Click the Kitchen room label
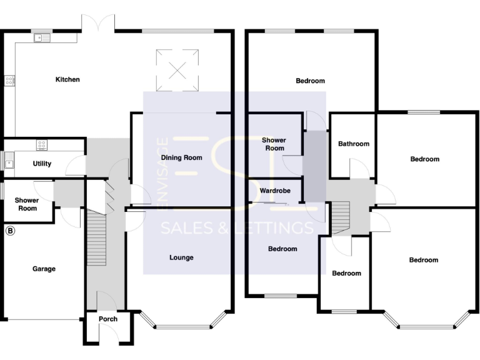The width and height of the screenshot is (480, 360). pos(67,79)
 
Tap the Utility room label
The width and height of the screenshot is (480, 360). pos(41,164)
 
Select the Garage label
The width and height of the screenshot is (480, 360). pos(44,269)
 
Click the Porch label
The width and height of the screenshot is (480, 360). pos(108,319)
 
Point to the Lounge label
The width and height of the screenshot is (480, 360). pos(181,257)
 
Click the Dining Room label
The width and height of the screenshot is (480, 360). pos(181,157)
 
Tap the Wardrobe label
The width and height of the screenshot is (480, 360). pos(275,191)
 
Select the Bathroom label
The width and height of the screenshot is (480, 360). pos(354,144)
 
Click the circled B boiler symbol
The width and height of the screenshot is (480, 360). pos(9,231)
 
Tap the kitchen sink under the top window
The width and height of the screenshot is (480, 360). pos(42,37)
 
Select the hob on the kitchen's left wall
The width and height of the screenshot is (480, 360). pos(9,80)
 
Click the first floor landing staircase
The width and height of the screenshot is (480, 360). pos(339,216)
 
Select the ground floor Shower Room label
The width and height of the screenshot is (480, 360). pos(27,204)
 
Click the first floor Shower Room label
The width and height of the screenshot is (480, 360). pos(274,144)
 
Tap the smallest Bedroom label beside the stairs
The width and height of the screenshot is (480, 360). pos(346,273)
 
